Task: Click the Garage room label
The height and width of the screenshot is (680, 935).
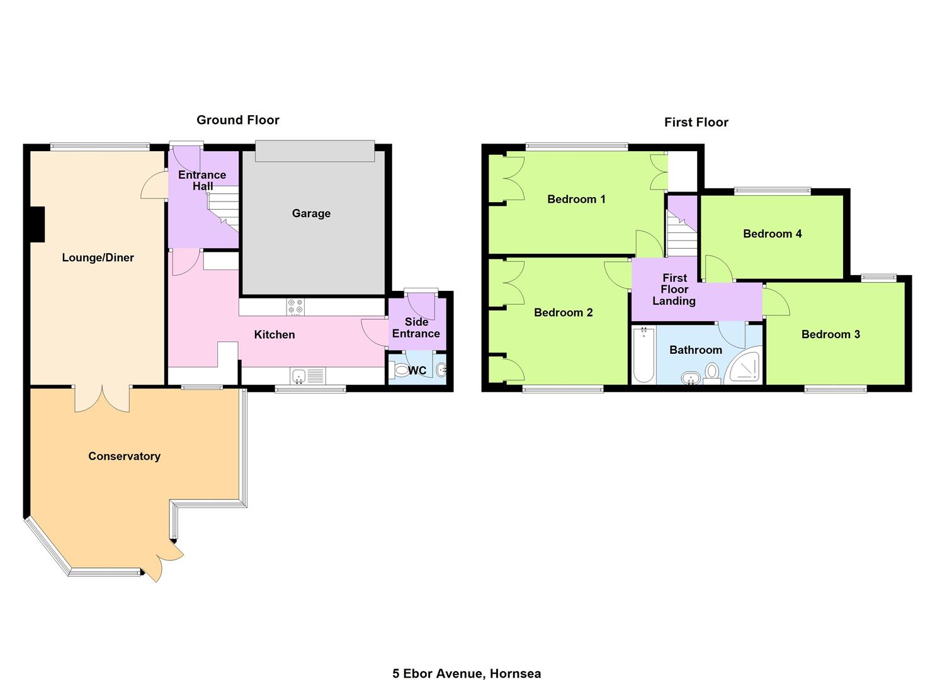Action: coord(311,213)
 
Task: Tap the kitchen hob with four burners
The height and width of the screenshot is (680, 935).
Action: coord(295,307)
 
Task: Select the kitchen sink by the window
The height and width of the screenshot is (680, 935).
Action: coord(308,376)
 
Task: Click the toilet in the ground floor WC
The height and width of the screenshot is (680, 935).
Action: coord(399,370)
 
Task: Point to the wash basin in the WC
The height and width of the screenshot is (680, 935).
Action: coord(441,370)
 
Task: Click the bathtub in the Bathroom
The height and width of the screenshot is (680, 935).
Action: coord(643,355)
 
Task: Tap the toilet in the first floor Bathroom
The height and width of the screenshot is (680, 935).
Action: coord(711,373)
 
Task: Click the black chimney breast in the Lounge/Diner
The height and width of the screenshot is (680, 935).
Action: coord(38,224)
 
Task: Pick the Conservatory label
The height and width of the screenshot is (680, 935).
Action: coord(125,456)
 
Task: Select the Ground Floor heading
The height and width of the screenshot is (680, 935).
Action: coord(238,120)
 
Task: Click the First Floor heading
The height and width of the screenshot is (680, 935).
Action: coord(696,122)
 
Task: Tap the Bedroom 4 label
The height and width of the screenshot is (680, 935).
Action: coord(772,234)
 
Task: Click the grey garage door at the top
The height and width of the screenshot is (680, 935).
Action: coord(315,150)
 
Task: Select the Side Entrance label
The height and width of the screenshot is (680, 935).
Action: coord(416,327)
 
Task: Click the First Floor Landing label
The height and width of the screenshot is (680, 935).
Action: coord(674,289)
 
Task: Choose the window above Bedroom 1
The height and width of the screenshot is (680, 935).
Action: coord(577,147)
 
